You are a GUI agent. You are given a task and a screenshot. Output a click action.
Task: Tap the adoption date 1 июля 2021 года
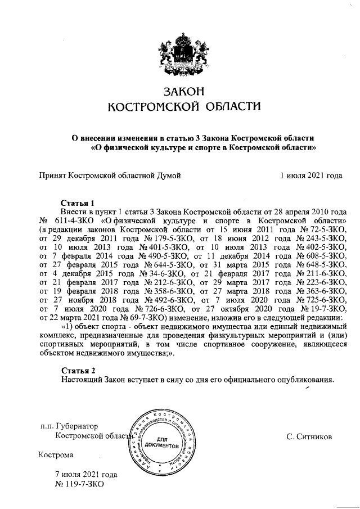[x=311, y=175]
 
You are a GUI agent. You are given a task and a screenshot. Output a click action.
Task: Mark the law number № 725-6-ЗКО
[x=320, y=301]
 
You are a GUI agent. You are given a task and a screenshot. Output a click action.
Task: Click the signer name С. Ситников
[x=309, y=436]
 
